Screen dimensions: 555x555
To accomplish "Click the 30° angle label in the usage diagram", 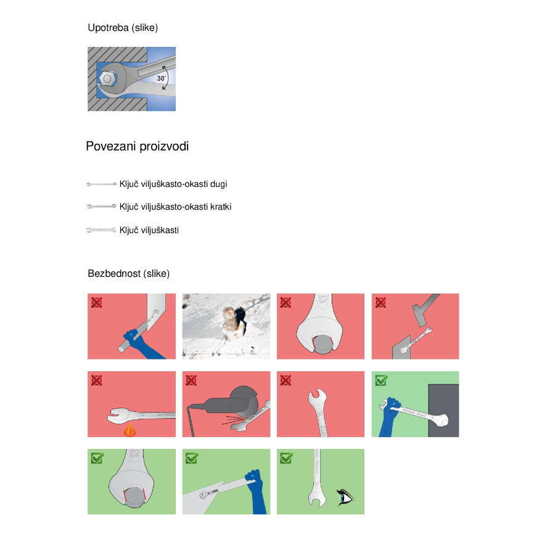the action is [x=162, y=78].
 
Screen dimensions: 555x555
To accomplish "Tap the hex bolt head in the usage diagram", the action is [x=107, y=78].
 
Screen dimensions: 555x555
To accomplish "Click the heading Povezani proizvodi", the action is [x=138, y=146].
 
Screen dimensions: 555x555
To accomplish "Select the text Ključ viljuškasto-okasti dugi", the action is [x=173, y=184].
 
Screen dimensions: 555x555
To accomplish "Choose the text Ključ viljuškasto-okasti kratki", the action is [x=175, y=207].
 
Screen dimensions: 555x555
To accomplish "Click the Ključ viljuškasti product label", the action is [x=149, y=230].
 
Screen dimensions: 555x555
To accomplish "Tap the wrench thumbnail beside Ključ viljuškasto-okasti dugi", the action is [x=101, y=184].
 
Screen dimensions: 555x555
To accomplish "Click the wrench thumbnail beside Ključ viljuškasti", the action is [x=101, y=230].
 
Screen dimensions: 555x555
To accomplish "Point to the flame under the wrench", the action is [x=129, y=430].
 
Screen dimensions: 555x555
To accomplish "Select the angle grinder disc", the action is [x=245, y=401].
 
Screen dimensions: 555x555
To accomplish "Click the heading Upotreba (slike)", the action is [x=123, y=28].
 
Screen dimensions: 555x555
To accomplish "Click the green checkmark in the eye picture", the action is [x=286, y=458].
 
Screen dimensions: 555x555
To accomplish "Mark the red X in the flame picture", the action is [x=97, y=380].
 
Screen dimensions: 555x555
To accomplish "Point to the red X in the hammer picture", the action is [x=380, y=303].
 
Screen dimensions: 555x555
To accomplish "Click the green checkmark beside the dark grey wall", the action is [x=381, y=380].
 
